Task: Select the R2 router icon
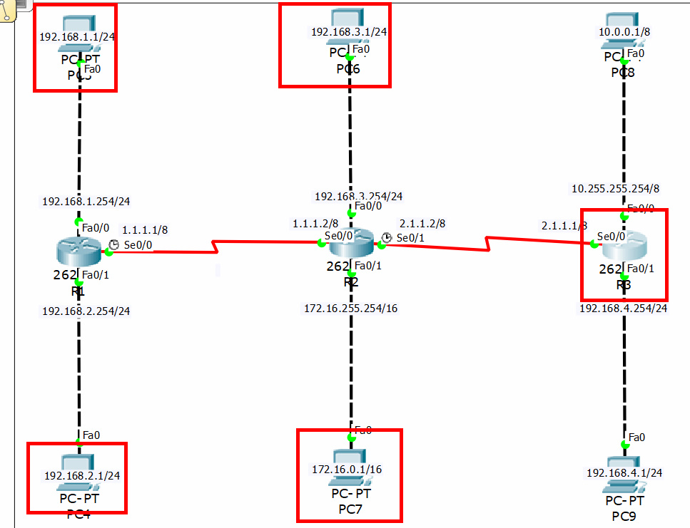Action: click(x=351, y=244)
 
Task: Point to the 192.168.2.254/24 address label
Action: click(x=86, y=311)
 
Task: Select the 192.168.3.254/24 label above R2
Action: click(x=358, y=196)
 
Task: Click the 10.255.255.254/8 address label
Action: click(x=616, y=189)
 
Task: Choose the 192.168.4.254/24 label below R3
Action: click(x=623, y=309)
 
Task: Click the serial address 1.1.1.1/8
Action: click(x=145, y=230)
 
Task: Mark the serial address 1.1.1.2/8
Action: click(x=315, y=223)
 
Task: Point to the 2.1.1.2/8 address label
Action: click(x=422, y=223)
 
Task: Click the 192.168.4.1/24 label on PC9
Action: click(x=624, y=472)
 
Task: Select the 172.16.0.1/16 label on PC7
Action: click(x=347, y=469)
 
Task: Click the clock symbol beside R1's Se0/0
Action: click(x=113, y=244)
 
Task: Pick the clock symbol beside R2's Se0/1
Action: click(x=386, y=237)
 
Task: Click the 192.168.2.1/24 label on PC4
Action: click(x=82, y=475)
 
